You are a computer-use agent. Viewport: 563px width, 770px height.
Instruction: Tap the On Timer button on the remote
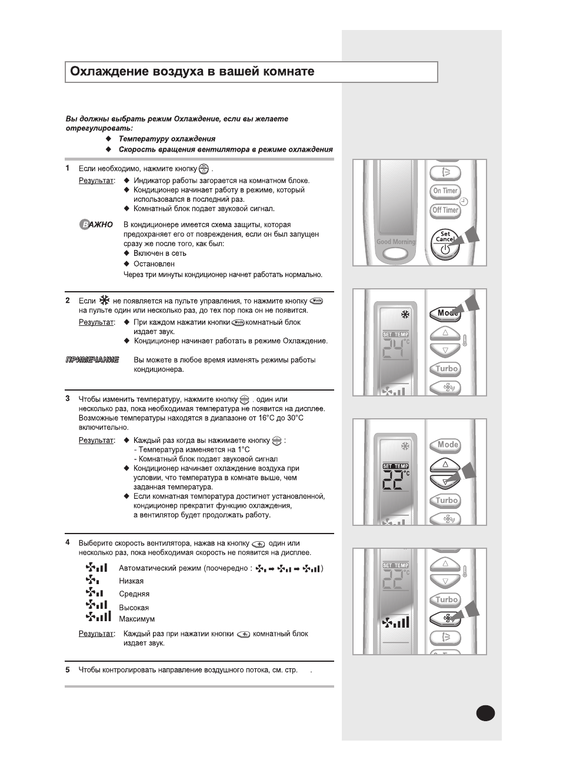[x=445, y=191]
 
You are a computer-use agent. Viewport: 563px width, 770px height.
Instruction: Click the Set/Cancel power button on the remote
[x=445, y=243]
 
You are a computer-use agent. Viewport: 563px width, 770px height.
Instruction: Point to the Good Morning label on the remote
[x=396, y=242]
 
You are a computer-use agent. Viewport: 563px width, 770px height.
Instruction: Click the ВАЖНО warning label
[x=96, y=225]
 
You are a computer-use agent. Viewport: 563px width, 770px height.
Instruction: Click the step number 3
[x=68, y=399]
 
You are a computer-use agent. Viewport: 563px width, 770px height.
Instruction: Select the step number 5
[x=68, y=669]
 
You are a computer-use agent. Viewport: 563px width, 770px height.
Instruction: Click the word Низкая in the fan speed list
[x=131, y=581]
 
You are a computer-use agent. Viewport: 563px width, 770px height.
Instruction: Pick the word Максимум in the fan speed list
[x=137, y=619]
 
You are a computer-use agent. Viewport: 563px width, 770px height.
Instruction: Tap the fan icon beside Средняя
[x=94, y=593]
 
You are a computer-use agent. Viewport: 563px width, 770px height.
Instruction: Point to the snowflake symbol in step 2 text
[x=105, y=300]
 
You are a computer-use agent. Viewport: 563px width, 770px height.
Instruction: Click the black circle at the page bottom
[x=486, y=713]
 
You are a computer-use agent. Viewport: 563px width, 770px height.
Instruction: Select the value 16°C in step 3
[x=265, y=418]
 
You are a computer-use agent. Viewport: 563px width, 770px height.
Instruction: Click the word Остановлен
[x=154, y=264]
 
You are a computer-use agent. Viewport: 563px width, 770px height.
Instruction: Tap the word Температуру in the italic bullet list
[x=144, y=139]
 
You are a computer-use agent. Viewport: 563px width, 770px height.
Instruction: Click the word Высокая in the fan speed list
[x=134, y=608]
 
